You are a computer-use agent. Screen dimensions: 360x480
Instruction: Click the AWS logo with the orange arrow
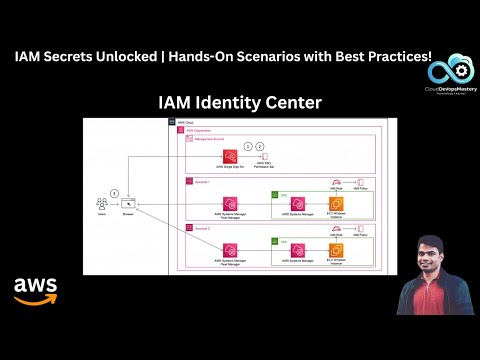tap(35, 289)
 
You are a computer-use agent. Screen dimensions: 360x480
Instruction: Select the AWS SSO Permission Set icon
tap(262, 160)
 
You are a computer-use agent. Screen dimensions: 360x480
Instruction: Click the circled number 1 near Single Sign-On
tap(248, 147)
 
